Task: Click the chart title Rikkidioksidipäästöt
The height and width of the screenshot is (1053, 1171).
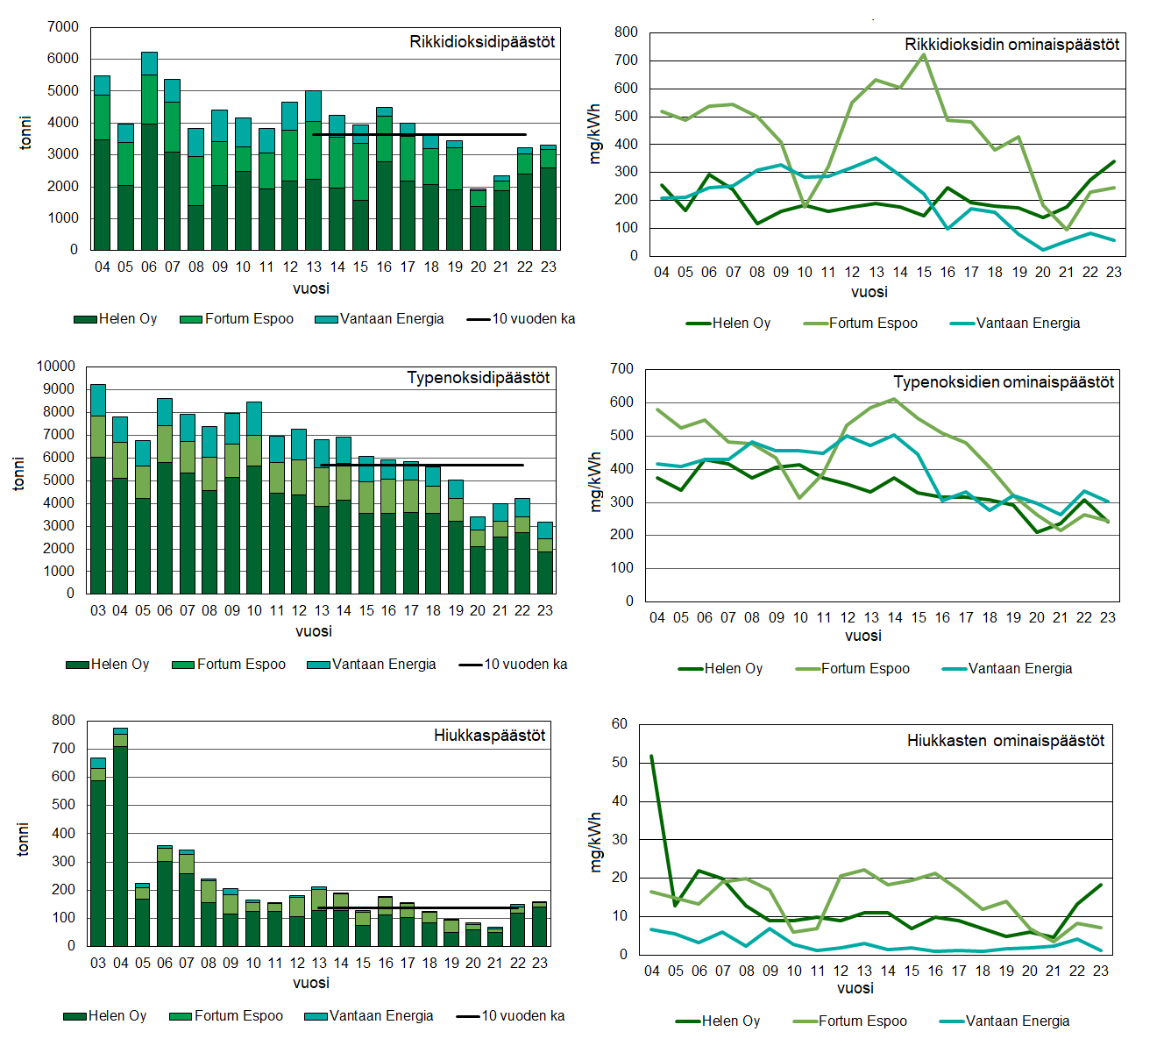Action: tap(482, 41)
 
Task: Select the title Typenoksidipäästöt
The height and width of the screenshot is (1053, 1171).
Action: tap(479, 378)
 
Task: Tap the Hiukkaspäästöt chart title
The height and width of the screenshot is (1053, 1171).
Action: tap(489, 735)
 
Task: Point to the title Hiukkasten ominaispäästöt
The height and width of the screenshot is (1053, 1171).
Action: tap(1005, 741)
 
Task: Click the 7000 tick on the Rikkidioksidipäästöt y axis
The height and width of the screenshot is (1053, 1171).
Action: tap(63, 27)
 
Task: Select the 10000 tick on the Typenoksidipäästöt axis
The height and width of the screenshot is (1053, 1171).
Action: tap(56, 366)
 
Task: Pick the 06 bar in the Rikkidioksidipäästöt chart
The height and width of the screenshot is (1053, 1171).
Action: tap(149, 151)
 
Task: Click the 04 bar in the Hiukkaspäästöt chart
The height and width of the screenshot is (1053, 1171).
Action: tap(120, 837)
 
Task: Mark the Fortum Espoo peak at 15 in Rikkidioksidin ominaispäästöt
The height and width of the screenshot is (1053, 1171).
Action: tap(924, 54)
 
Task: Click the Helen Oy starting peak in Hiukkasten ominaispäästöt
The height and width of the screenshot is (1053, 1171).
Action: tap(651, 756)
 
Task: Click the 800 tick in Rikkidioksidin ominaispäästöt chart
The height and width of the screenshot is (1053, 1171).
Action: tap(626, 32)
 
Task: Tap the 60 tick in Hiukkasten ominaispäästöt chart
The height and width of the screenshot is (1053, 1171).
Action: tap(620, 724)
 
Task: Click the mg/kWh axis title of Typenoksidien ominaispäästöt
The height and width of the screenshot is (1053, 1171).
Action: tap(596, 482)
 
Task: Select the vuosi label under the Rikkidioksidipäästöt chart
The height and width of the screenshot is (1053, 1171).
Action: tap(311, 288)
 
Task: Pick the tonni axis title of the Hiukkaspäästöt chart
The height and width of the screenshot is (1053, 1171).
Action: tap(24, 839)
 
